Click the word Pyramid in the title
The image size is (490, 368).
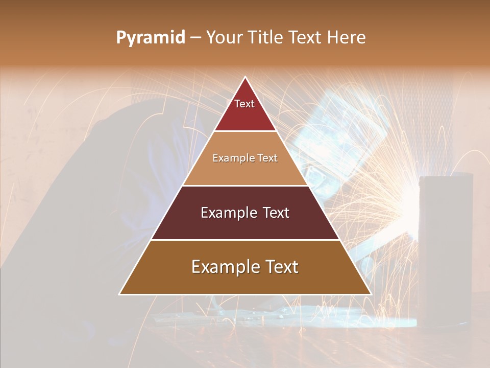(x=151, y=38)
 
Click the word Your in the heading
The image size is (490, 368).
(x=224, y=38)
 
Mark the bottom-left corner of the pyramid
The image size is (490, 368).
(x=120, y=294)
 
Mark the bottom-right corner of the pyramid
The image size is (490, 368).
(x=371, y=294)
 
